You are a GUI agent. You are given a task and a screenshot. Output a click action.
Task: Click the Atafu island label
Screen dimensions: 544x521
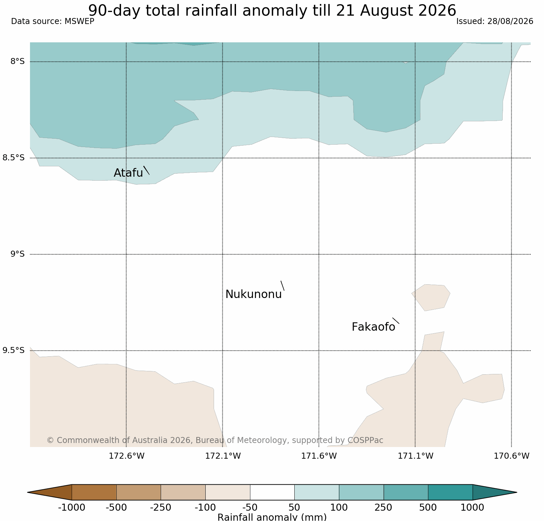pos(128,173)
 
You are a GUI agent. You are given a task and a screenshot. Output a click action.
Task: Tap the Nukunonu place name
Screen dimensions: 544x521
pos(254,294)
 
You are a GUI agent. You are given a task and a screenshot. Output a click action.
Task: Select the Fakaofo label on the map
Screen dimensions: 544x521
pos(373,327)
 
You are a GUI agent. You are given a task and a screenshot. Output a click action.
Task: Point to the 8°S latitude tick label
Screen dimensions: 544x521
pos(18,61)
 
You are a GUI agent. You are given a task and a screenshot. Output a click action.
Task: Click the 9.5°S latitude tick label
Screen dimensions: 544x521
pos(14,350)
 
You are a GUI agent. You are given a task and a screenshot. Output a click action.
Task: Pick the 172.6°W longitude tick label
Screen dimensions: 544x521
pos(127,456)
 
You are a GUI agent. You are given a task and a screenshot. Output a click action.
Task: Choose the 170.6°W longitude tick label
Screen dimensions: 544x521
pos(512,456)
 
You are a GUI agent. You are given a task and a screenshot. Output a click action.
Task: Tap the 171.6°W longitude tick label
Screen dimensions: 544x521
pos(319,456)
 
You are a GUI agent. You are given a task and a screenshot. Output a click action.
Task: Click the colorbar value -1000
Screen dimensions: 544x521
pos(72,508)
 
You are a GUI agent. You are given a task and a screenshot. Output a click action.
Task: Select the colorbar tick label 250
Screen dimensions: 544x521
pos(383,508)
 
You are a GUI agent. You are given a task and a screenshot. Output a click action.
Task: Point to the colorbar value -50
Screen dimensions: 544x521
pos(250,508)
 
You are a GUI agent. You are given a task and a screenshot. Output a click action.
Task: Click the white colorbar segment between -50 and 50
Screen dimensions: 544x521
pos(272,492)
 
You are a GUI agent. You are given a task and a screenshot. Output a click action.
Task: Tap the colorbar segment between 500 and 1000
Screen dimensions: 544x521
pos(450,492)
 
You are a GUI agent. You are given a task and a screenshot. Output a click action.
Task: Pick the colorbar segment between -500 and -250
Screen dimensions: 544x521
pos(139,492)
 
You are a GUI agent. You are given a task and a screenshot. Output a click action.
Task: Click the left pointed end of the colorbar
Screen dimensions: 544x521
pos(28,492)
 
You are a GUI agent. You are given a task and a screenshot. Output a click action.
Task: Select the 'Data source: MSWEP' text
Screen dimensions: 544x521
pos(53,21)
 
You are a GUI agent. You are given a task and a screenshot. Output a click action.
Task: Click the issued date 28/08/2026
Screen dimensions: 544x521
pos(510,21)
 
